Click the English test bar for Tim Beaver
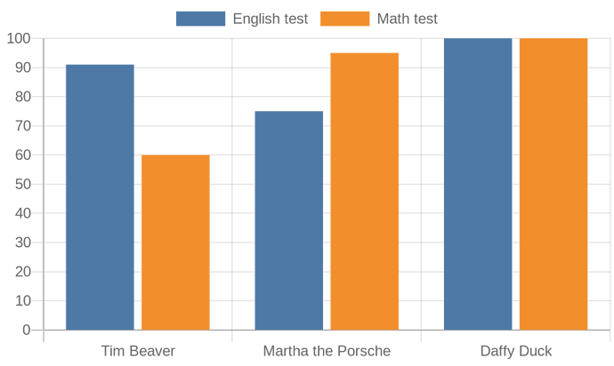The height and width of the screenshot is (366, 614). [100, 197]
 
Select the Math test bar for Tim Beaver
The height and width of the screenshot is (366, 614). [175, 243]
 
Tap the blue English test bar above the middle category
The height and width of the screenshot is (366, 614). [288, 220]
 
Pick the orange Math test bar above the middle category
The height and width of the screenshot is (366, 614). [365, 191]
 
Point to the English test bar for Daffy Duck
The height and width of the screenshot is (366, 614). [478, 184]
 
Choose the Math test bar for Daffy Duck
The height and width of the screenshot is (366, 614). [553, 184]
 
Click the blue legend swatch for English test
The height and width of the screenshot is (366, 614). [200, 19]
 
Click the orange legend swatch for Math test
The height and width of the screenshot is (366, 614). [344, 19]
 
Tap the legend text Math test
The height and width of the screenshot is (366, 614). [407, 19]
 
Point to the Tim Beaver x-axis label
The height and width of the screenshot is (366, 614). [138, 351]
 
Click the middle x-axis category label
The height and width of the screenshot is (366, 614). [327, 351]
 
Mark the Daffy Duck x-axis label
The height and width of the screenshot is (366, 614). [516, 351]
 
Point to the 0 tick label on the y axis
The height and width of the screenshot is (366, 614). [27, 330]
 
